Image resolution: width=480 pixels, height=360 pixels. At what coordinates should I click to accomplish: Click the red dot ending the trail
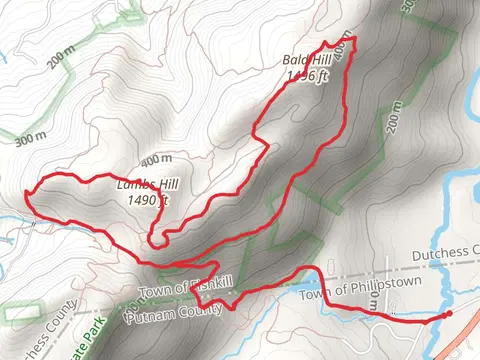coord(446,315)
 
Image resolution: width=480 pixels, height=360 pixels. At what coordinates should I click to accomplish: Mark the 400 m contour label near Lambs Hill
coord(156,161)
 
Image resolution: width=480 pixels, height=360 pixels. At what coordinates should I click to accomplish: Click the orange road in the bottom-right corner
coord(470,300)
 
